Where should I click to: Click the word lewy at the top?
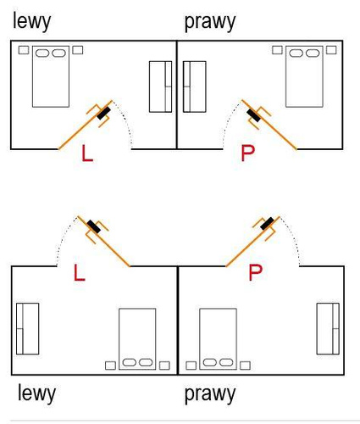pos(31,22)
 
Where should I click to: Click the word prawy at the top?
pos(210,22)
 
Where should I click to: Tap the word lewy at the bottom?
pos(36,393)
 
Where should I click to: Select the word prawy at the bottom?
pos(210,394)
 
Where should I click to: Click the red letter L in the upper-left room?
pos(87,153)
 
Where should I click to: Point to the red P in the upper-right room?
pos(247,153)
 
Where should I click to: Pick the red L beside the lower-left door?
pos(80,272)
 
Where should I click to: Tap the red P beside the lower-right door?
pos(255,272)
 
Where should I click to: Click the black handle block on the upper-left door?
pos(103,114)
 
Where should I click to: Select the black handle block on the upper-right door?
pos(253,115)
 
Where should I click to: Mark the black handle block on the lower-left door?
pos(94,226)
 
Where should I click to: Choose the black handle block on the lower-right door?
pos(267,223)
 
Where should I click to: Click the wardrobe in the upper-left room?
pos(160,86)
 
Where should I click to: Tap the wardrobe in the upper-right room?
pos(195,86)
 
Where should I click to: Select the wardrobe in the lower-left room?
pos(27,329)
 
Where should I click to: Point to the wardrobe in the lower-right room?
pos(328,329)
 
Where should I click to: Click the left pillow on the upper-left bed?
pos(42,53)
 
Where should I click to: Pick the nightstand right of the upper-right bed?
pos(331,50)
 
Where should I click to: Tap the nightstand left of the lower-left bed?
pos(110,365)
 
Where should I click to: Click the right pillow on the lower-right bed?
pos(226,362)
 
